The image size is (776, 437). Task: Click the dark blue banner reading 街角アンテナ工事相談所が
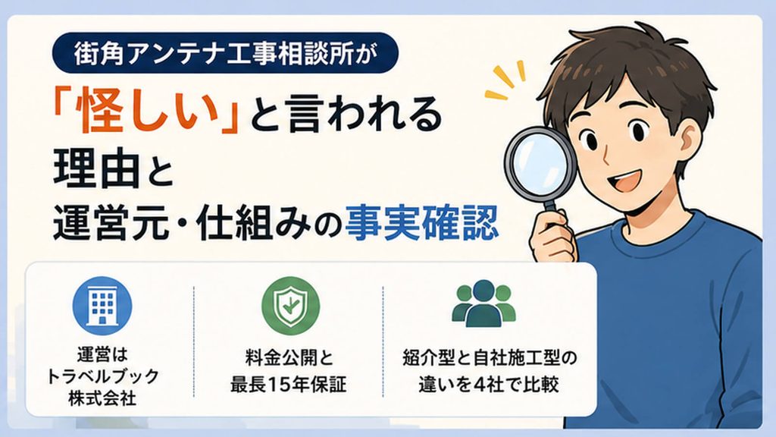click(x=225, y=53)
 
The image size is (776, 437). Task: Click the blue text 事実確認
click(x=421, y=222)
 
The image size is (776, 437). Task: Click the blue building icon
click(x=102, y=306)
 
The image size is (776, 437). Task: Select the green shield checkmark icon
click(x=290, y=306)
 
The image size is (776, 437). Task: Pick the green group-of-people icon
click(x=483, y=303)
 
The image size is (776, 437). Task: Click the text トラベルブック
click(x=102, y=376)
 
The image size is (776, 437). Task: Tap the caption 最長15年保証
click(x=289, y=385)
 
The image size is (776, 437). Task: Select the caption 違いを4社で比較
click(x=489, y=385)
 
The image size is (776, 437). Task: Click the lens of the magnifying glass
click(x=539, y=162)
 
